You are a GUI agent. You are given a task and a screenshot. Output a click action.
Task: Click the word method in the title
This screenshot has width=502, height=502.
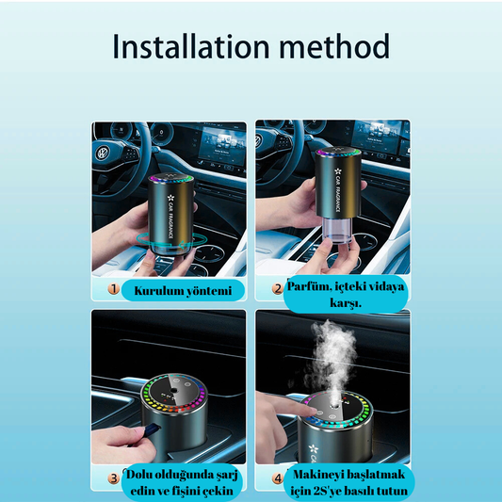[x=334, y=46]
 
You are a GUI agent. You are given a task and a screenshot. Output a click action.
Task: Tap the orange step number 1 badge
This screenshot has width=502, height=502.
[x=113, y=289]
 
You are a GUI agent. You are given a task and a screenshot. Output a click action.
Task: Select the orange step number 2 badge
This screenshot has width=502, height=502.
[x=278, y=289]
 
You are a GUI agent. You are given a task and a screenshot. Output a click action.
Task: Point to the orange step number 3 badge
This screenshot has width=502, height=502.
[x=113, y=478]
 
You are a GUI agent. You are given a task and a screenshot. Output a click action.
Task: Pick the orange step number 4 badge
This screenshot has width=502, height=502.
[x=277, y=478]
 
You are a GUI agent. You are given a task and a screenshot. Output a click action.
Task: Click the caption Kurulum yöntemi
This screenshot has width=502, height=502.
[x=183, y=291]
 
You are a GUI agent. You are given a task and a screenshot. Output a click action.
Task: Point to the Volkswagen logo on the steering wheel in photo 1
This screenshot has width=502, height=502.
[x=102, y=154]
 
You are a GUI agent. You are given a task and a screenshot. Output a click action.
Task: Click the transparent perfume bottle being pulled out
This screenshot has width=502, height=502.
[x=337, y=229]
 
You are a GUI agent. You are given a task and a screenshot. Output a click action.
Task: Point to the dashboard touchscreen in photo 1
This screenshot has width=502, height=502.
[x=221, y=146]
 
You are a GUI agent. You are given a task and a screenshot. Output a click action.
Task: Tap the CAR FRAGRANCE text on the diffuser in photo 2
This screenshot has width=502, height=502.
[x=337, y=189]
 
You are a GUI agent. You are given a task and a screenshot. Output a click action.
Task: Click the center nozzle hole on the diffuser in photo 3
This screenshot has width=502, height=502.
[x=174, y=391]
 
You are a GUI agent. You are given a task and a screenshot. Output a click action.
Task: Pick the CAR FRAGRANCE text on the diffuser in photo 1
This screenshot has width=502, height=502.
[x=170, y=216]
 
